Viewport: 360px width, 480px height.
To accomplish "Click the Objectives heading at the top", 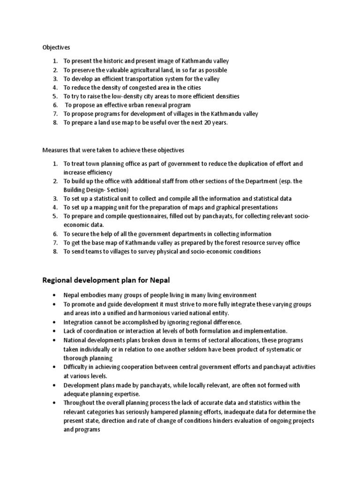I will coord(56,47).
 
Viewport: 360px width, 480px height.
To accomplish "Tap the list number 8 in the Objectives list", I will coord(54,122).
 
